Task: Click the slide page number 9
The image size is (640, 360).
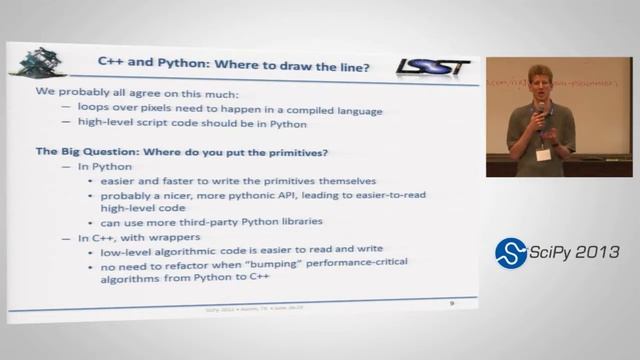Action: (x=451, y=301)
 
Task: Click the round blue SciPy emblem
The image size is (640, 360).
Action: (x=511, y=253)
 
